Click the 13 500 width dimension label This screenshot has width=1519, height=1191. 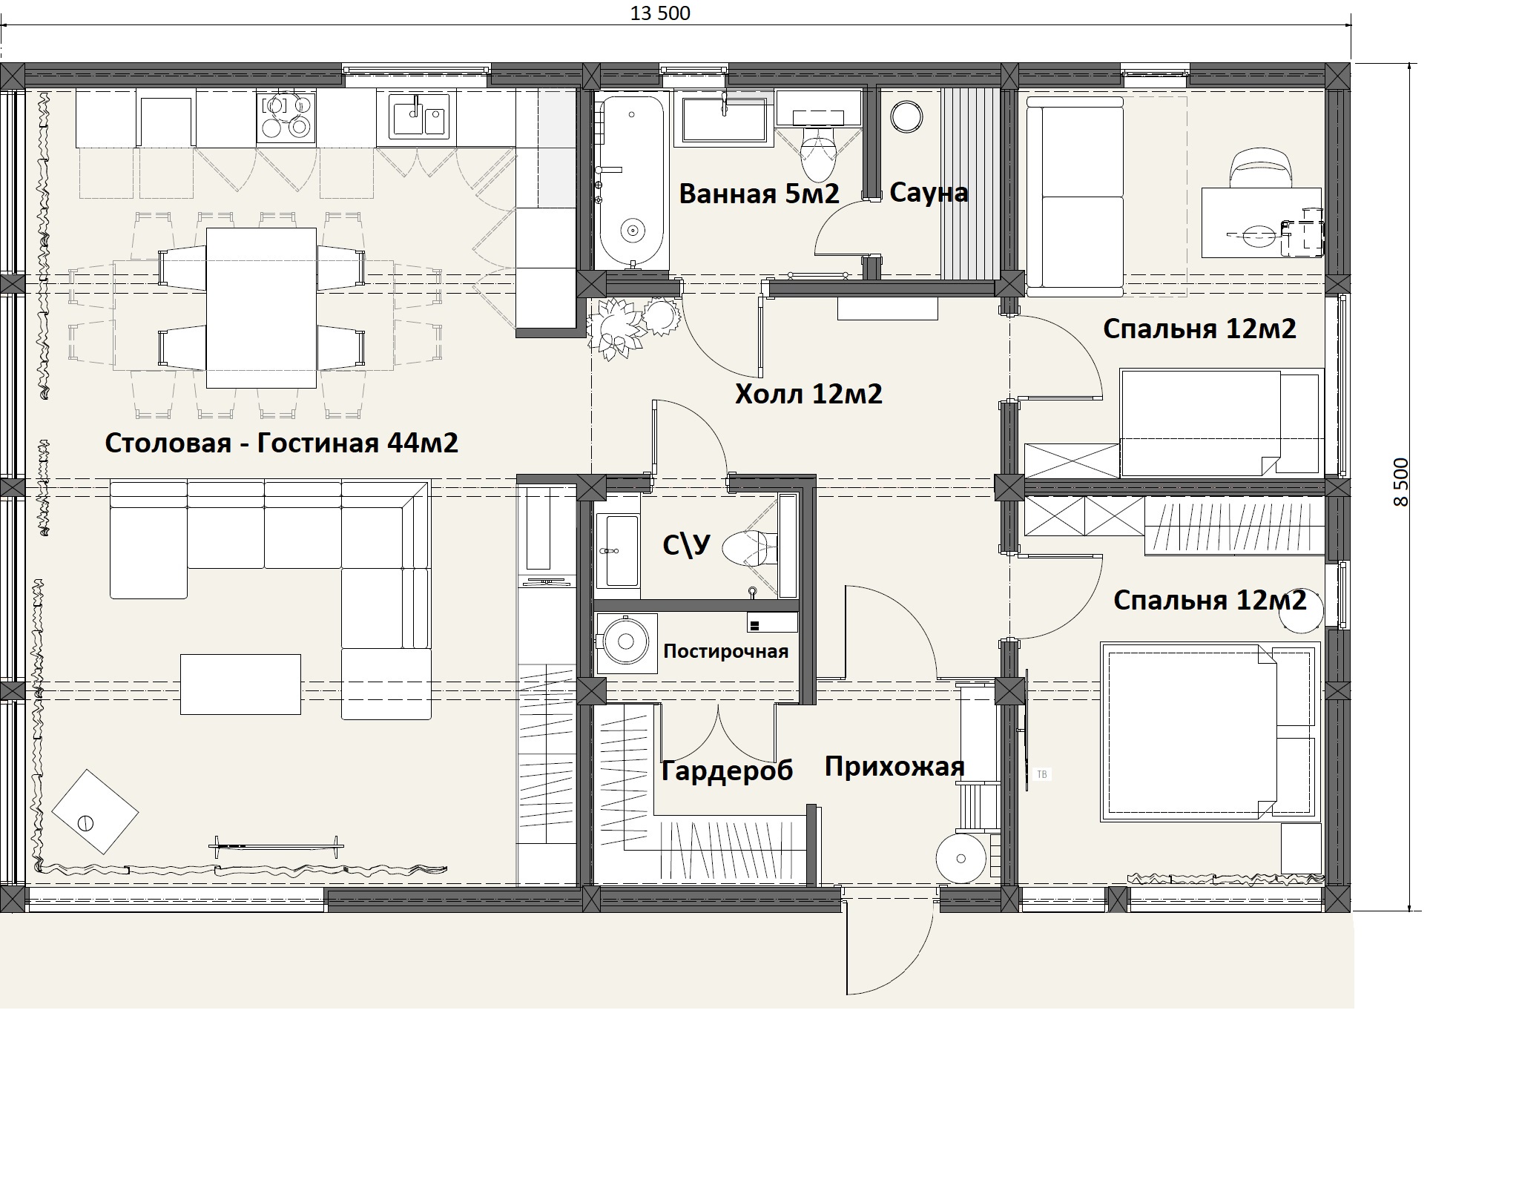tap(659, 13)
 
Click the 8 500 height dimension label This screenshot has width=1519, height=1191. tap(1400, 482)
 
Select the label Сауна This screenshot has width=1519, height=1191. tap(929, 193)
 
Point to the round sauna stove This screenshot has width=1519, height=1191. tap(906, 116)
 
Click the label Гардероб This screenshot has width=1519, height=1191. tap(727, 771)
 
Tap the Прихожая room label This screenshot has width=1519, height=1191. tap(894, 767)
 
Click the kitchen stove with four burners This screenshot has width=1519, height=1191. tap(286, 116)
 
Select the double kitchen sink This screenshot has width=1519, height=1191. tap(413, 117)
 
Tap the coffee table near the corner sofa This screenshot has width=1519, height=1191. tap(240, 684)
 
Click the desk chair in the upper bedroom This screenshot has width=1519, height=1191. tap(1260, 169)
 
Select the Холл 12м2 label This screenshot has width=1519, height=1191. tap(808, 394)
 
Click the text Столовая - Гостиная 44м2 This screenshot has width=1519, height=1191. tap(281, 443)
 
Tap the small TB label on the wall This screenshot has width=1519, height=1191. tap(1041, 774)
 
